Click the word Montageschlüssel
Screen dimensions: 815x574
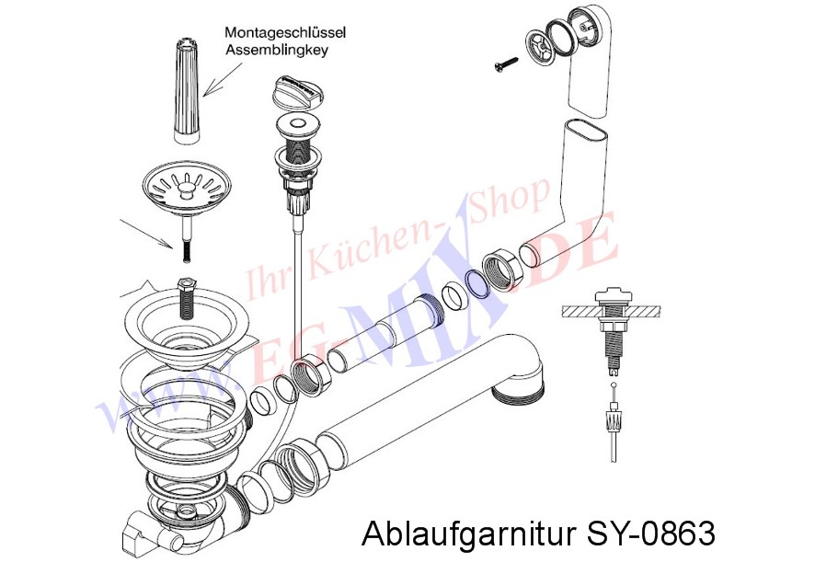pyautogui.click(x=285, y=33)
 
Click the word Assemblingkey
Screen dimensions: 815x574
pyautogui.click(x=276, y=51)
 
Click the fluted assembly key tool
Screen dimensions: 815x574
pyautogui.click(x=187, y=89)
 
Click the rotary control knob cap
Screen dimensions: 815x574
pyautogui.click(x=298, y=91)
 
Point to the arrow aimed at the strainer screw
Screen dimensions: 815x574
pyautogui.click(x=146, y=233)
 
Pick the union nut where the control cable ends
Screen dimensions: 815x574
pyautogui.click(x=310, y=375)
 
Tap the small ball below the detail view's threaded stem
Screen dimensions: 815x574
pyautogui.click(x=614, y=385)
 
